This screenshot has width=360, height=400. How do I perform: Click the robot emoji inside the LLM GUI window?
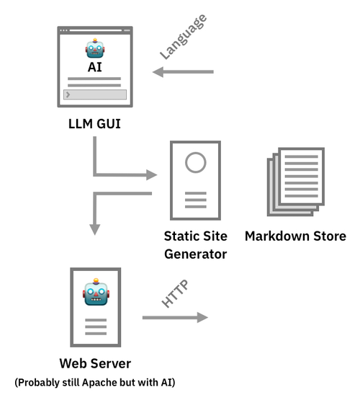tap(95, 49)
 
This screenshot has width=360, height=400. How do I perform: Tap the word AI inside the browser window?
tap(95, 66)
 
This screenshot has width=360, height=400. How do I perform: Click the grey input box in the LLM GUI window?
tap(95, 94)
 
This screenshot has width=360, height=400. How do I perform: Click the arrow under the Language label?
tap(184, 72)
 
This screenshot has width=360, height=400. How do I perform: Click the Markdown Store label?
tap(295, 236)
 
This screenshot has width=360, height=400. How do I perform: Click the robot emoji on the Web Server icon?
tap(95, 293)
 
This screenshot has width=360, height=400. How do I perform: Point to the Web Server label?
tap(95, 363)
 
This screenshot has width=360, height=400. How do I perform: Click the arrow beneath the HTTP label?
tap(174, 317)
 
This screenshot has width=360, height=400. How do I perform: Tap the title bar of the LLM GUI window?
tap(95, 30)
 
